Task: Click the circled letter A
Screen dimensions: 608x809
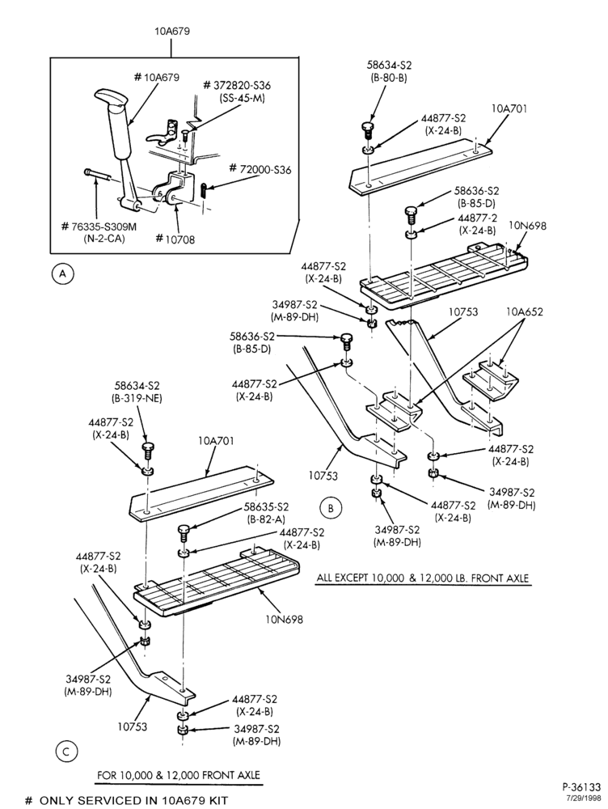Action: (x=63, y=273)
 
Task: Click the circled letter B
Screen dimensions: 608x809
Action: (x=331, y=508)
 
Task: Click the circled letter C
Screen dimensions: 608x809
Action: (x=66, y=752)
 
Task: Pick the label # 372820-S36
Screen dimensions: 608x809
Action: (x=237, y=85)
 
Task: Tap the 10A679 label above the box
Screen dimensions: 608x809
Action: (x=172, y=31)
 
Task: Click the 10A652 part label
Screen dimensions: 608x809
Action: (x=525, y=311)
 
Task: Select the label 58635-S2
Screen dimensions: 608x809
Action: (x=266, y=506)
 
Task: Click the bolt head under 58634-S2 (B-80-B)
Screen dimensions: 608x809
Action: (x=365, y=125)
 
